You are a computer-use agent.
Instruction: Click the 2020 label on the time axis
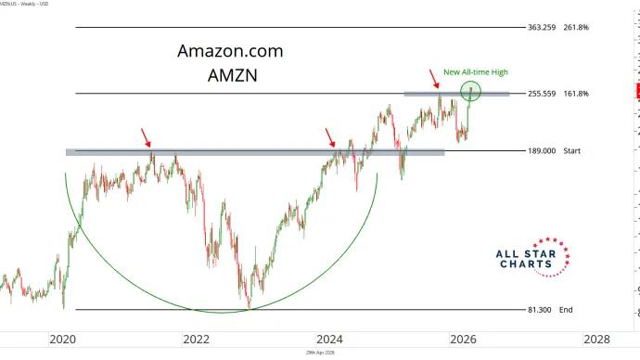click(x=62, y=340)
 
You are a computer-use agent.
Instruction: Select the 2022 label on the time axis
click(x=195, y=340)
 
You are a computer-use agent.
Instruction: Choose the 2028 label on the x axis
click(x=595, y=340)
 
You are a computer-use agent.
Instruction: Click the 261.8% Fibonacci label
click(x=576, y=28)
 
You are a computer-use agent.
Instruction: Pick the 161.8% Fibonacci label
click(x=576, y=94)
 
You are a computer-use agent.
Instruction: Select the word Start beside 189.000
click(x=572, y=150)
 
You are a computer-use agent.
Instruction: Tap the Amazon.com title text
click(x=230, y=51)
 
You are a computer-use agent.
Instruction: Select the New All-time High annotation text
click(x=476, y=71)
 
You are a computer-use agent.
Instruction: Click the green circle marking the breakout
click(x=472, y=91)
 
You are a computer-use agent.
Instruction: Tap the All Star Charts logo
click(x=539, y=255)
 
